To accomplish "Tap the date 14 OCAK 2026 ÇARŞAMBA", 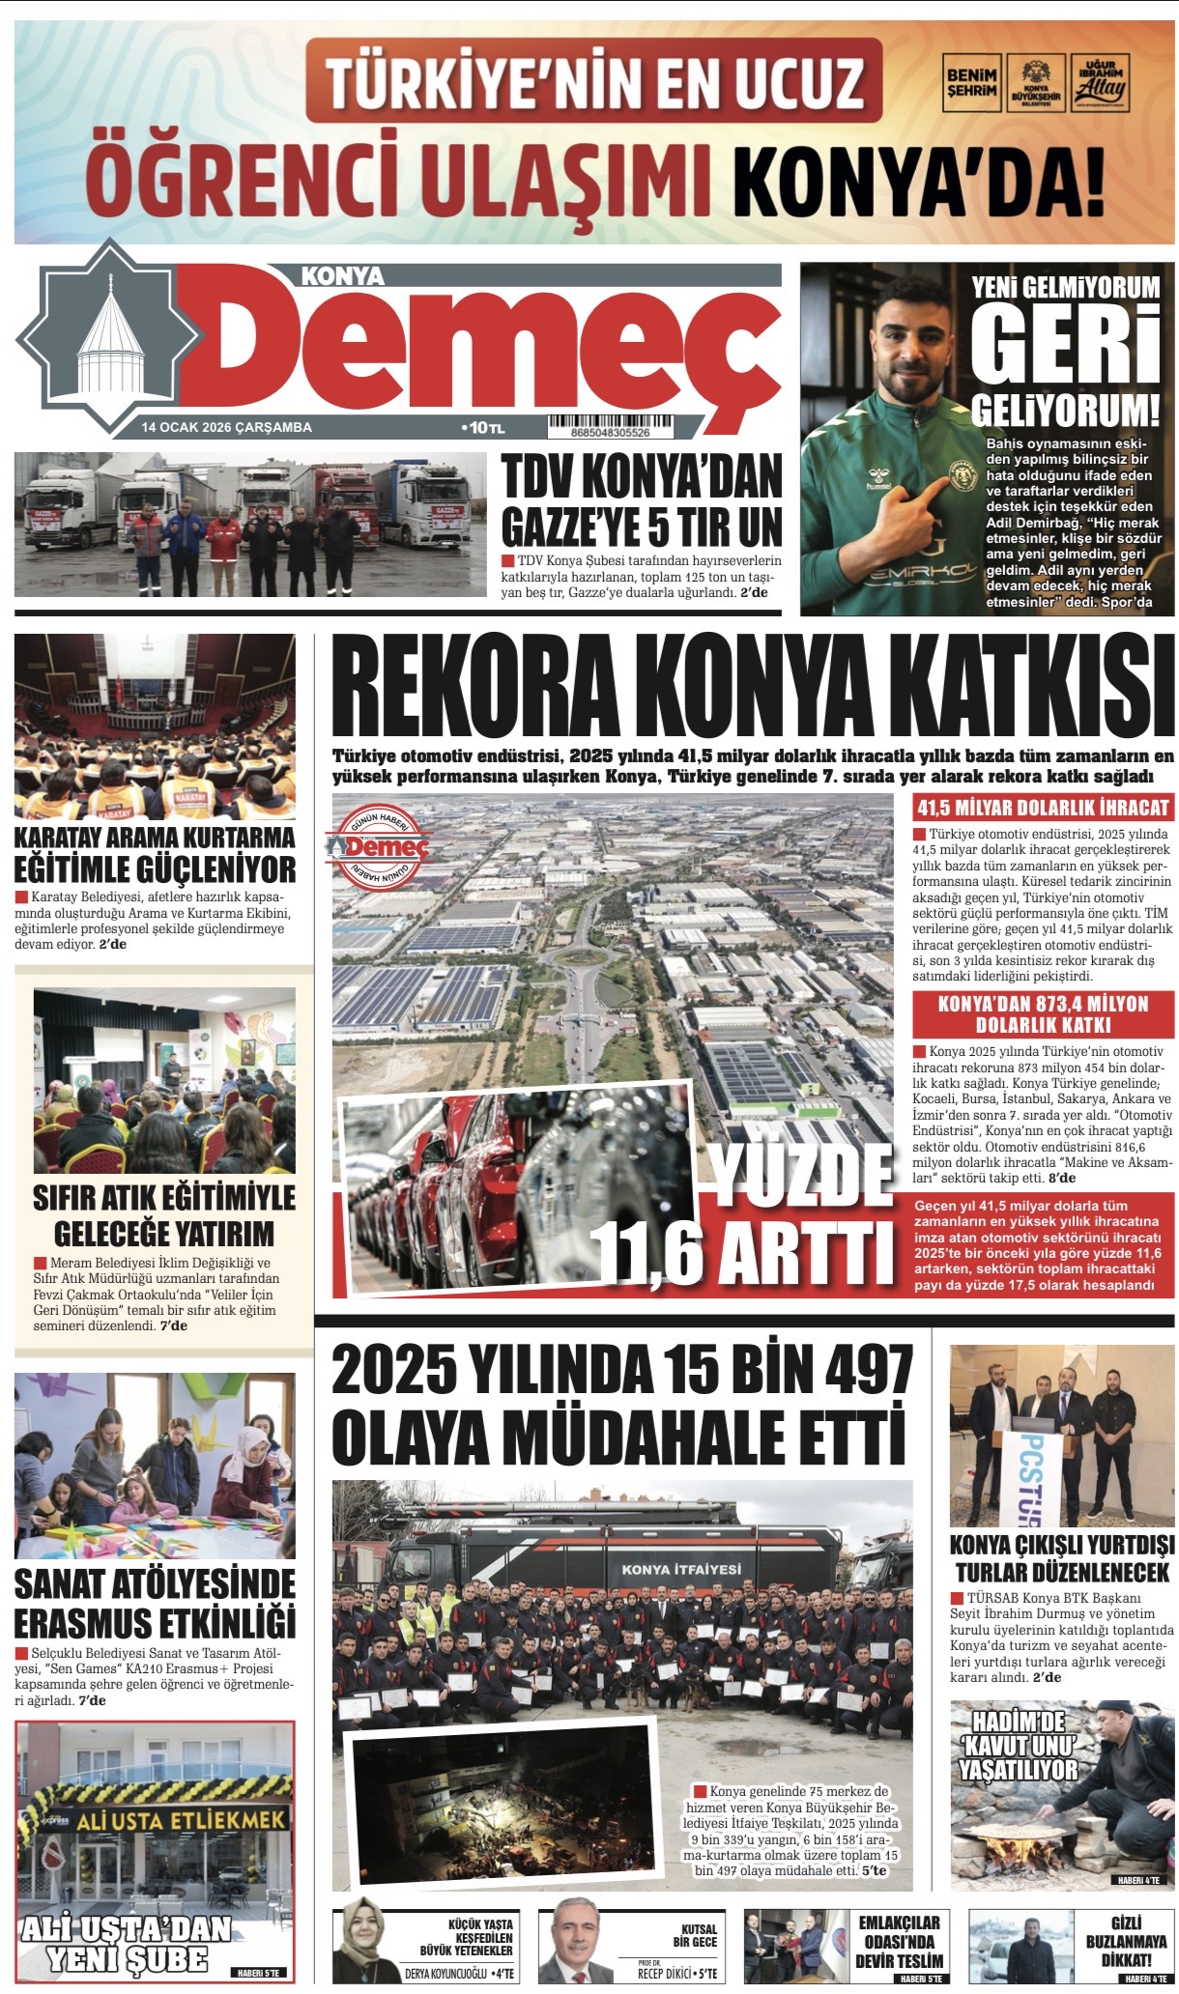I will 226,427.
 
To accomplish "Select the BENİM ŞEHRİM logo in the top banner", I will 970,83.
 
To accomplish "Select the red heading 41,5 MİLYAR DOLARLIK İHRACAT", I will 1043,808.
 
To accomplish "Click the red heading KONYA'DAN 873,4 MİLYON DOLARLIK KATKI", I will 1043,1014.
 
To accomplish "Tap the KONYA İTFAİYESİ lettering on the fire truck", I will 681,1570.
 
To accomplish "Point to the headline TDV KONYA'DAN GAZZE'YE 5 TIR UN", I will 641,500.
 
